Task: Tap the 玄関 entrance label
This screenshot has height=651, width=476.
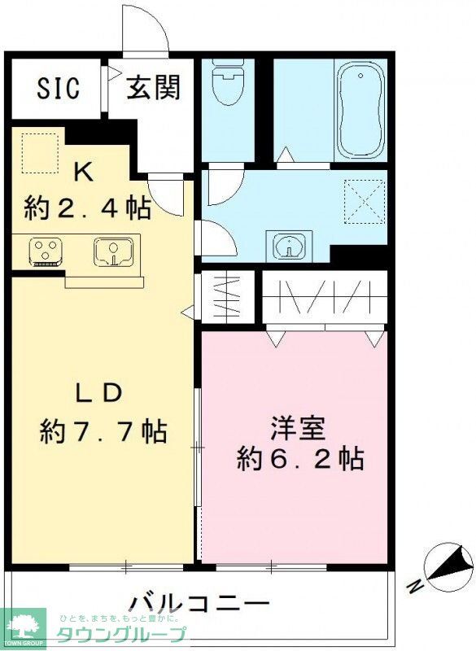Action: pos(152,88)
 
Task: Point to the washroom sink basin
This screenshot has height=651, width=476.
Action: pos(289,244)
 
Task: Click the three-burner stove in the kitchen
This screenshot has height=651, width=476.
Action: pos(45,251)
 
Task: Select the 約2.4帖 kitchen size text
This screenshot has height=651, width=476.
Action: pos(87,208)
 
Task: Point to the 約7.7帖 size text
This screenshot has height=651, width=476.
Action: pos(103,430)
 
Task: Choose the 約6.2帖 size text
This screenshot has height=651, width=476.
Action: pos(299,460)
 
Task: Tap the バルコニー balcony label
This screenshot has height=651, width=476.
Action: pos(199,604)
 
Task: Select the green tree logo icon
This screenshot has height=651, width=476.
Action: pos(22,625)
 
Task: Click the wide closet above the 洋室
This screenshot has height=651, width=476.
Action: pos(325,296)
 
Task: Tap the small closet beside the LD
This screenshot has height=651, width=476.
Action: pos(227,296)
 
